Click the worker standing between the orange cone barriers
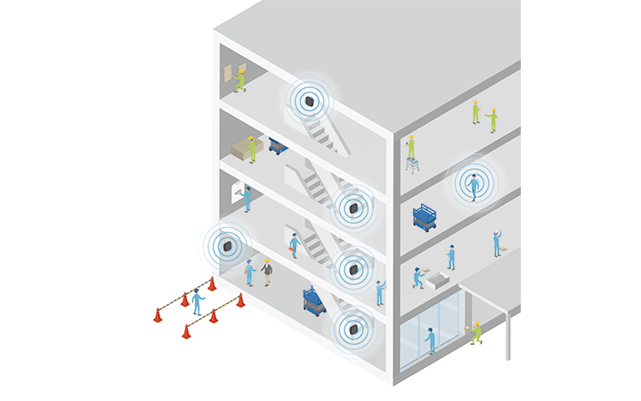point(197,301)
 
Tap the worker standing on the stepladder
point(410,147)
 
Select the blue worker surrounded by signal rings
point(474,184)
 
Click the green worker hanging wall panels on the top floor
point(239,80)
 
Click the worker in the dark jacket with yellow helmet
point(266,271)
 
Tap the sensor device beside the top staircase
point(309,101)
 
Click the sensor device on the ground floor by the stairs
point(353,329)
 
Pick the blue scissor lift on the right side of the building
point(425,217)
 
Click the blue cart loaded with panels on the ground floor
point(313,300)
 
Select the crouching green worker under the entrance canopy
point(475,332)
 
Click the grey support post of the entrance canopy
point(508,335)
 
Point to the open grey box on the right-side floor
point(439,280)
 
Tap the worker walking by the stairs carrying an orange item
point(294,244)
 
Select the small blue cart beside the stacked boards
point(278,145)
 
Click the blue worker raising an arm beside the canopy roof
point(497,242)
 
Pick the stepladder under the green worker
point(412,164)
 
